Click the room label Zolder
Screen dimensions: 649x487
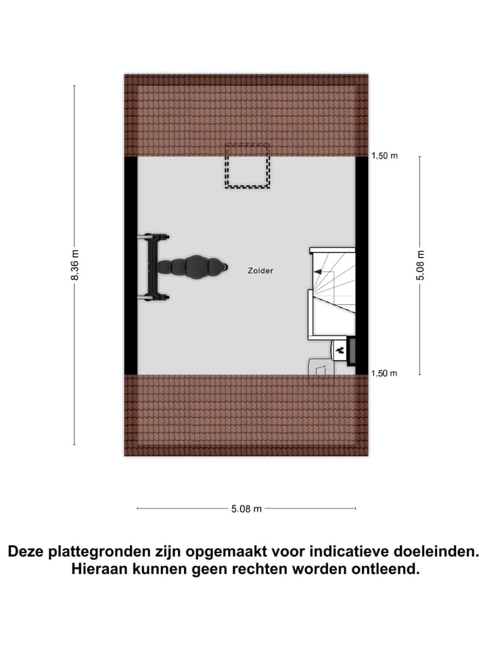tap(260, 271)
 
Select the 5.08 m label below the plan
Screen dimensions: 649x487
tap(246, 509)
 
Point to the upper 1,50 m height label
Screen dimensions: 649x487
tap(384, 155)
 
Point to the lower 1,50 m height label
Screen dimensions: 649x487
tap(384, 373)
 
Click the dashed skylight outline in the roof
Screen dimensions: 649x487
tap(247, 166)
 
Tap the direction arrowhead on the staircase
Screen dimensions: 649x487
tap(317, 271)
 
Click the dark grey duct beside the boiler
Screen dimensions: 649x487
tap(351, 351)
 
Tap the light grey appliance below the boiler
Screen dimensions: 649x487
tap(319, 368)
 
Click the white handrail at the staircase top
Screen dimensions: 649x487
tap(331, 251)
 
